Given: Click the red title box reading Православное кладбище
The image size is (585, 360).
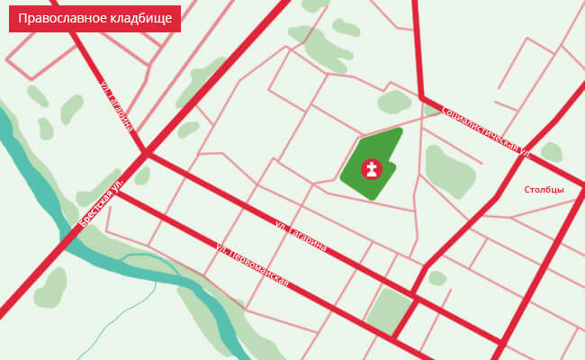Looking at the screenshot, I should coord(94,19).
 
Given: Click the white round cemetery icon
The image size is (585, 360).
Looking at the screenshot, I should coord(370,168).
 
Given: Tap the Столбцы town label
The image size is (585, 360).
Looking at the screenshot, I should coord(544,190).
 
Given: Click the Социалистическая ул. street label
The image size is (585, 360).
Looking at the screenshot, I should coord(486,133).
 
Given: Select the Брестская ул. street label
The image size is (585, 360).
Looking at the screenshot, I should coord(101,202).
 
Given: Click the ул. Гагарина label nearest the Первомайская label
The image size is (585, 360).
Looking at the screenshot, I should coord(301,234).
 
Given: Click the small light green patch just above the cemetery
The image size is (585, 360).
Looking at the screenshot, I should coord(393,102).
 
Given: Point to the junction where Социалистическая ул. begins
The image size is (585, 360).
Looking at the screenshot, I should coord(420,96).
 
